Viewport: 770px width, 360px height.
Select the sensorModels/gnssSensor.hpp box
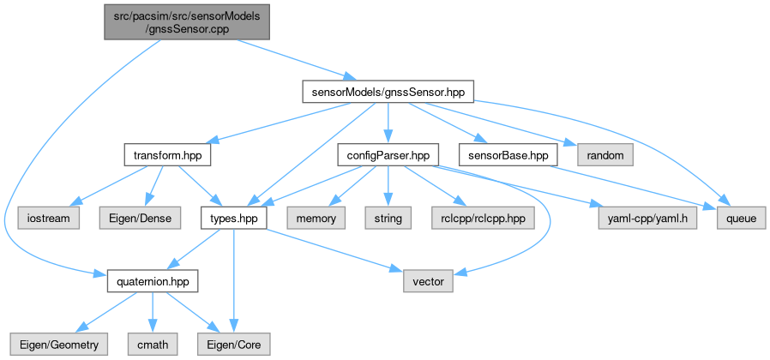click(x=388, y=91)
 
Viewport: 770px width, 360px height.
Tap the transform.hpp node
click(x=167, y=155)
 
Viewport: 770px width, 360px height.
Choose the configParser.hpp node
click(x=388, y=155)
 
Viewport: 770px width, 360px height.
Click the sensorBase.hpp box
click(x=508, y=155)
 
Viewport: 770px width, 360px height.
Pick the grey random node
click(x=605, y=155)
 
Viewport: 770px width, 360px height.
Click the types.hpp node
click(x=234, y=219)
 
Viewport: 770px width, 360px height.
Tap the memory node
click(x=316, y=219)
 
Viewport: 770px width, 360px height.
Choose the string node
click(x=388, y=219)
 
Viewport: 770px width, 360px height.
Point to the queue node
click(x=741, y=219)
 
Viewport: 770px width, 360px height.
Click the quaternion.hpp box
click(x=153, y=281)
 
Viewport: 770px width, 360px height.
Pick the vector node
click(x=427, y=281)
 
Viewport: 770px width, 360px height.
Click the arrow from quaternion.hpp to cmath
click(x=154, y=313)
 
